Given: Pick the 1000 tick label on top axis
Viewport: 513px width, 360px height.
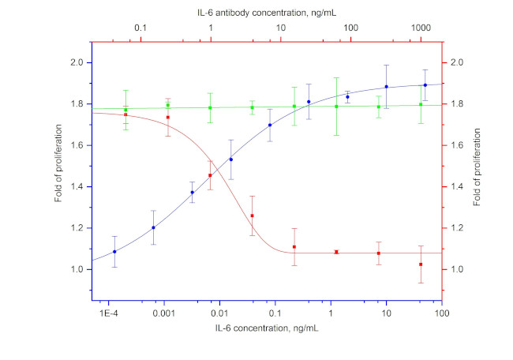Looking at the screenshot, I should tap(421, 28).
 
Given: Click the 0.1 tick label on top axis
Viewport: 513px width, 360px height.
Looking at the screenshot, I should tap(140, 28).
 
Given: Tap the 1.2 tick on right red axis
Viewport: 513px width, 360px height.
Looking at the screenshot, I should tap(456, 228).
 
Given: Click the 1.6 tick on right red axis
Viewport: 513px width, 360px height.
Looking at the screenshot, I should tap(456, 145).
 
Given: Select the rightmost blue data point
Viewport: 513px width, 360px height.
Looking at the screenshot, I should tap(425, 85).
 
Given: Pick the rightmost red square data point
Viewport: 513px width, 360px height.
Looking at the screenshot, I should tap(421, 264).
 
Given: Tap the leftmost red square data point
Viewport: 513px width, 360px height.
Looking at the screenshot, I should tap(125, 114).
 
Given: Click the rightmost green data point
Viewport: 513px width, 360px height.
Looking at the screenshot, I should tap(421, 104).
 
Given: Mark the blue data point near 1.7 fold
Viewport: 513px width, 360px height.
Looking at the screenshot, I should tap(270, 125).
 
